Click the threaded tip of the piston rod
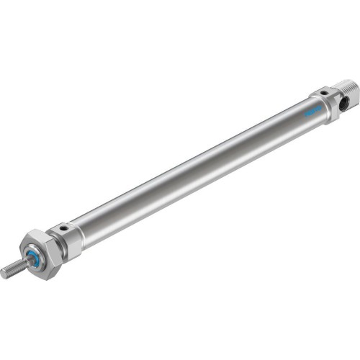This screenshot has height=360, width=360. tap(14, 269)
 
